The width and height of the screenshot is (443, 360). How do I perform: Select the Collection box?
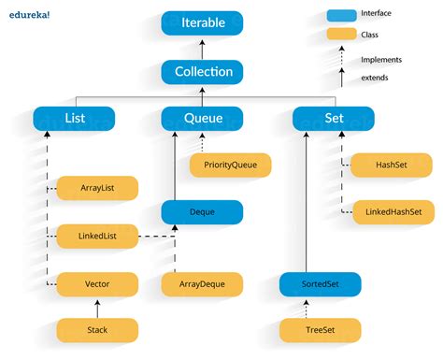point(202,71)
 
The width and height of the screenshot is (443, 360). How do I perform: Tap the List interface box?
point(74,119)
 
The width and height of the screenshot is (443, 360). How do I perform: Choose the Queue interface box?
point(202,119)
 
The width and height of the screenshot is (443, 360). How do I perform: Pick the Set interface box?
point(334,119)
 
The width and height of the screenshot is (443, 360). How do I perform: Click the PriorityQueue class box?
point(230,166)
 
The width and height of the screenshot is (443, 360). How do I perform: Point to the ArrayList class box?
point(97,188)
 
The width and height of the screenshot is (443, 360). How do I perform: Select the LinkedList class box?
point(97,236)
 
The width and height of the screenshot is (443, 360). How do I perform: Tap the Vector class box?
point(97,282)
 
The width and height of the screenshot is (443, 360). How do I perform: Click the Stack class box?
point(97,329)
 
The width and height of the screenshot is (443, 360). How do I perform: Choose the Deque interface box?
point(202,212)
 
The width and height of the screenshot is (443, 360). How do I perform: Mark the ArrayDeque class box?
point(202,282)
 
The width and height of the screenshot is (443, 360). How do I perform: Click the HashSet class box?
point(393,166)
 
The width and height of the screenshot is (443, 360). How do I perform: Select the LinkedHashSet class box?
point(393,212)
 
